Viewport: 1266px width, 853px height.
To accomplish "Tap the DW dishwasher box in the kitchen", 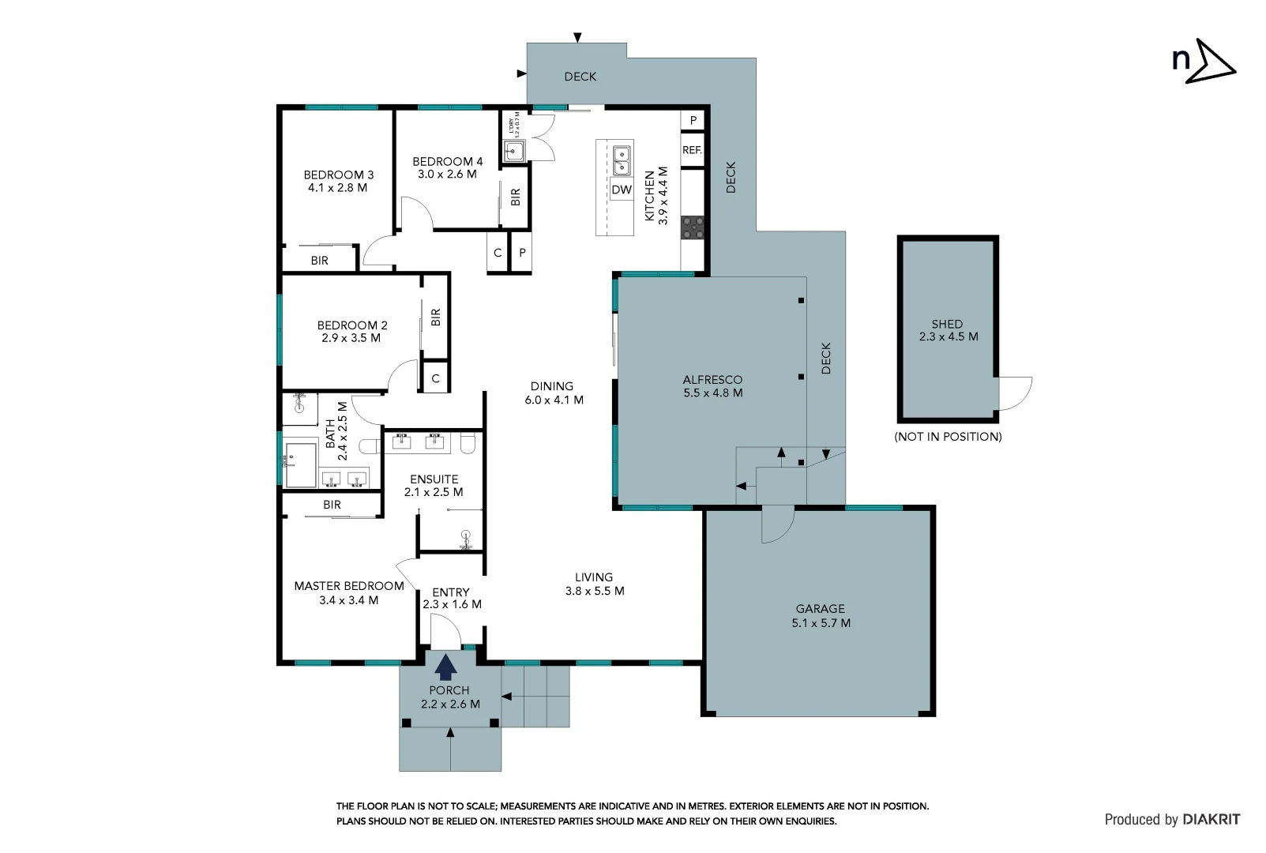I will coord(622,190).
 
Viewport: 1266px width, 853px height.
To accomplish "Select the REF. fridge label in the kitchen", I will coord(692,150).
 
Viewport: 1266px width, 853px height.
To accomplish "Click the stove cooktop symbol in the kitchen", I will coord(693,227).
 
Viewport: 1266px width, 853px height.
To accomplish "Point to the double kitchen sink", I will coord(622,160).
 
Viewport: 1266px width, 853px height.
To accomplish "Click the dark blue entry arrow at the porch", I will coord(446,667).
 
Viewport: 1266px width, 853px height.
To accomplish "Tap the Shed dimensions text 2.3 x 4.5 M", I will coord(948,336).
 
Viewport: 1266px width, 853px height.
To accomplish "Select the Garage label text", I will coord(820,609).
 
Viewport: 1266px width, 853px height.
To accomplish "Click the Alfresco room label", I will coord(712,380).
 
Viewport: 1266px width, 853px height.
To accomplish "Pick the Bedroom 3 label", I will coord(339,175).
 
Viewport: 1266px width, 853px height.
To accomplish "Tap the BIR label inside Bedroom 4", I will coord(516,197).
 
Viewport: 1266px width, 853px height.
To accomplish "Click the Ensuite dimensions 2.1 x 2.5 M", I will coord(434,492).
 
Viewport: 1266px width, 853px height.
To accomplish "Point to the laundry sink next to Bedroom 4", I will coord(514,150).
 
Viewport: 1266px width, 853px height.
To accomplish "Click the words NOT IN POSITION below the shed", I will coord(948,437).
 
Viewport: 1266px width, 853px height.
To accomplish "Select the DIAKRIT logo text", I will coord(1211,820).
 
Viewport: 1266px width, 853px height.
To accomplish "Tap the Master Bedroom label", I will coord(349,586).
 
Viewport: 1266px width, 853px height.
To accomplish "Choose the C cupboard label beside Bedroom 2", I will coord(435,379).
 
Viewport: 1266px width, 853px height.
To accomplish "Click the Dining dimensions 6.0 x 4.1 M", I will coord(554,400).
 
